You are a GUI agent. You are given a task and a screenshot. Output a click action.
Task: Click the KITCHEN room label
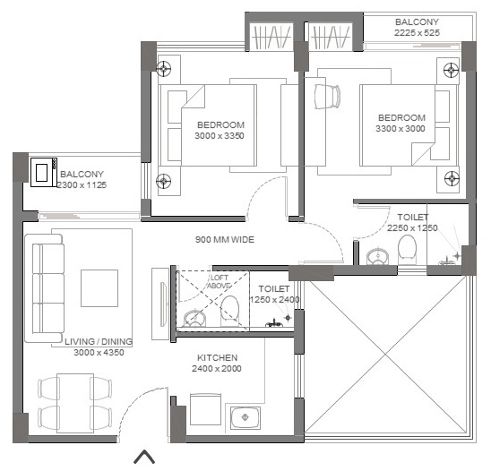218,357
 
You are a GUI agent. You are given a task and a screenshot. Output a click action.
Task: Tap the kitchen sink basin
245,417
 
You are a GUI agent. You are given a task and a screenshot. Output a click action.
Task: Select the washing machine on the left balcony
44,173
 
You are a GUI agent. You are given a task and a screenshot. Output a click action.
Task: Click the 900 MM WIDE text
225,240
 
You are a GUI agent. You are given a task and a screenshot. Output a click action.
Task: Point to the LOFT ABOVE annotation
219,282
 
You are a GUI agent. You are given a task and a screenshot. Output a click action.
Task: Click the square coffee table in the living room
99,288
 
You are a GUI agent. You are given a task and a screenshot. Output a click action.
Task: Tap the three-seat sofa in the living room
45,288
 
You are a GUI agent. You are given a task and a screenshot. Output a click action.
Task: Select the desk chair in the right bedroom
327,97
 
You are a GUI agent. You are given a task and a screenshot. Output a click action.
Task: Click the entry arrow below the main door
144,457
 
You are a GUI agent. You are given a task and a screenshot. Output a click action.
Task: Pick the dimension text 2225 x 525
417,32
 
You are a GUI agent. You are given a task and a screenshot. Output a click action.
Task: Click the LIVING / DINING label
99,342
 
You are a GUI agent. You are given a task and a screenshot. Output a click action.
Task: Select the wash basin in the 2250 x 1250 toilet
377,256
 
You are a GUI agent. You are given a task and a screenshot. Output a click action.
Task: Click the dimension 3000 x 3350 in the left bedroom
220,136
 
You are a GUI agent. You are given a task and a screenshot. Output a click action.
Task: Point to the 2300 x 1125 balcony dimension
82,185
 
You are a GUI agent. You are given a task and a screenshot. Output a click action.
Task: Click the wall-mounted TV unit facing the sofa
160,304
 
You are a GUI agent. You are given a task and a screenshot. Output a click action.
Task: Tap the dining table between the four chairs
75,404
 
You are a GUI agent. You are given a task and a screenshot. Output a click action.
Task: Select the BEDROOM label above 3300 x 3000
401,117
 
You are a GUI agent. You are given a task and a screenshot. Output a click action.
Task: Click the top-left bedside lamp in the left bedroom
163,69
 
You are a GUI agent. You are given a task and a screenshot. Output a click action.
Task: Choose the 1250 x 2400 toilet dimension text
275,300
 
